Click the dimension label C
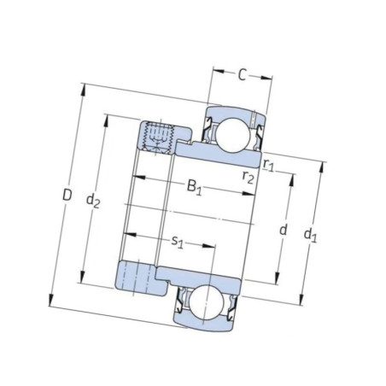242,75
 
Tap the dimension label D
67,196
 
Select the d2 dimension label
93,201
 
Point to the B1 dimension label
195,187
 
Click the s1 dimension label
177,243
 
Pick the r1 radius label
268,165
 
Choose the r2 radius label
248,177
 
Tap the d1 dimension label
310,236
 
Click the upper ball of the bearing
232,135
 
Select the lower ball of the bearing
207,302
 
